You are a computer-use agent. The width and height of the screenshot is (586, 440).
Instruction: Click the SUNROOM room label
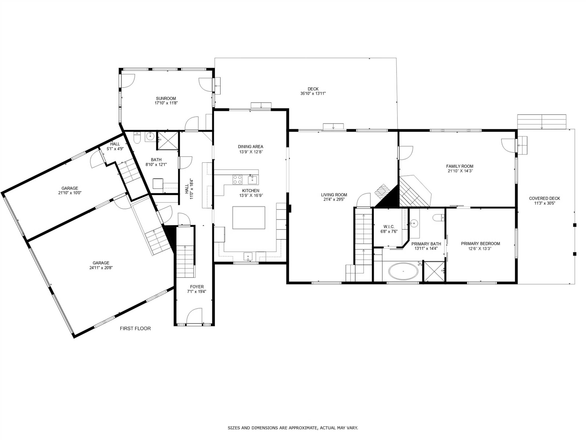tap(166, 98)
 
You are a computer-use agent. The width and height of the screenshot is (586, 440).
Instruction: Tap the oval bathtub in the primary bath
tap(403, 271)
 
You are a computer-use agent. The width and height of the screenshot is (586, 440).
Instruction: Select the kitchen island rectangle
tap(249, 218)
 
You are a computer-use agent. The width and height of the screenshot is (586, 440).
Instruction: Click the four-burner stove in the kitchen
tap(237, 179)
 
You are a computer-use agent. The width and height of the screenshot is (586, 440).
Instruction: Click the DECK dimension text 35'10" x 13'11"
tap(313, 93)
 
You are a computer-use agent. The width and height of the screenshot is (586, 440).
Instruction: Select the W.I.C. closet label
tap(389, 227)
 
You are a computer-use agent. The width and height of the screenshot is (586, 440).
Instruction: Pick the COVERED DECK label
tap(544, 198)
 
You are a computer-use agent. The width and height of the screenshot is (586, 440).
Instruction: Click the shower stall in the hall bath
tap(168, 140)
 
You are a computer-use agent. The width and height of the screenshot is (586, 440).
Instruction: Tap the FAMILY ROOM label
tap(460, 166)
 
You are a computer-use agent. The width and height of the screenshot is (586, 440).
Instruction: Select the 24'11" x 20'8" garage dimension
tap(101, 268)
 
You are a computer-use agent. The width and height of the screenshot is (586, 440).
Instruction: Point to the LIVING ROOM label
tap(334, 195)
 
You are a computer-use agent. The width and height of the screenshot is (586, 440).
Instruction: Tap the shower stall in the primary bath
tap(434, 271)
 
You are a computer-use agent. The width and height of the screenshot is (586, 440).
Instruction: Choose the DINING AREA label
tap(250, 147)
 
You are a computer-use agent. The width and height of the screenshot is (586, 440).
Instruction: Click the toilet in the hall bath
tap(137, 138)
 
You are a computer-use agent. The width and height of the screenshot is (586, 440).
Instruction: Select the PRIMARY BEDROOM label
tap(480, 243)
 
